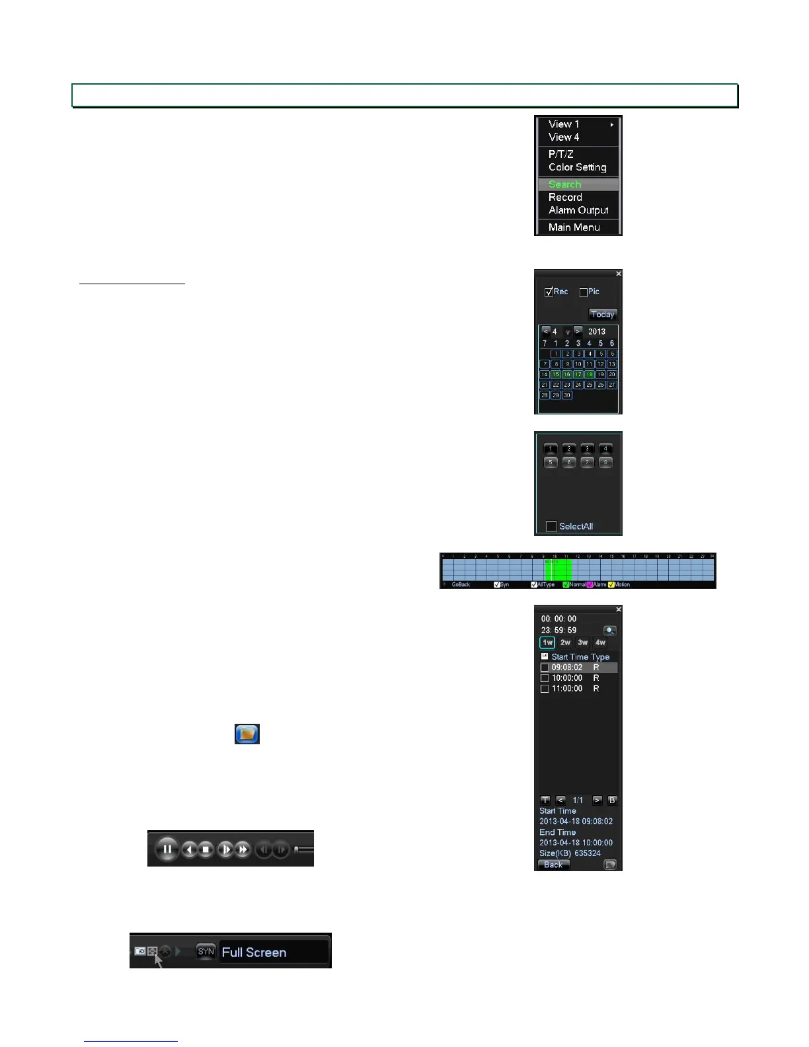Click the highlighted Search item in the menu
coord(565,184)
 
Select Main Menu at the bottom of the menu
coord(574,227)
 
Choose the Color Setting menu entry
coord(577,167)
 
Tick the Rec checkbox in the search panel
coord(549,292)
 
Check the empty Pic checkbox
coord(584,292)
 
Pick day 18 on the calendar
coord(590,375)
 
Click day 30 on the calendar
coord(567,395)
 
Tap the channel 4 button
coord(605,449)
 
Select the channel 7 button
coord(587,463)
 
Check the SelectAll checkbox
coord(551,526)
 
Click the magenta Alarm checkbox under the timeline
coord(590,585)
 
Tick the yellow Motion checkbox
coord(611,585)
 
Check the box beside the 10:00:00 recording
coord(545,678)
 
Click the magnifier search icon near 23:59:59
coord(609,631)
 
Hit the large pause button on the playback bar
coord(167,849)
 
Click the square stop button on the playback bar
coord(206,849)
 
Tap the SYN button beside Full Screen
coord(206,952)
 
